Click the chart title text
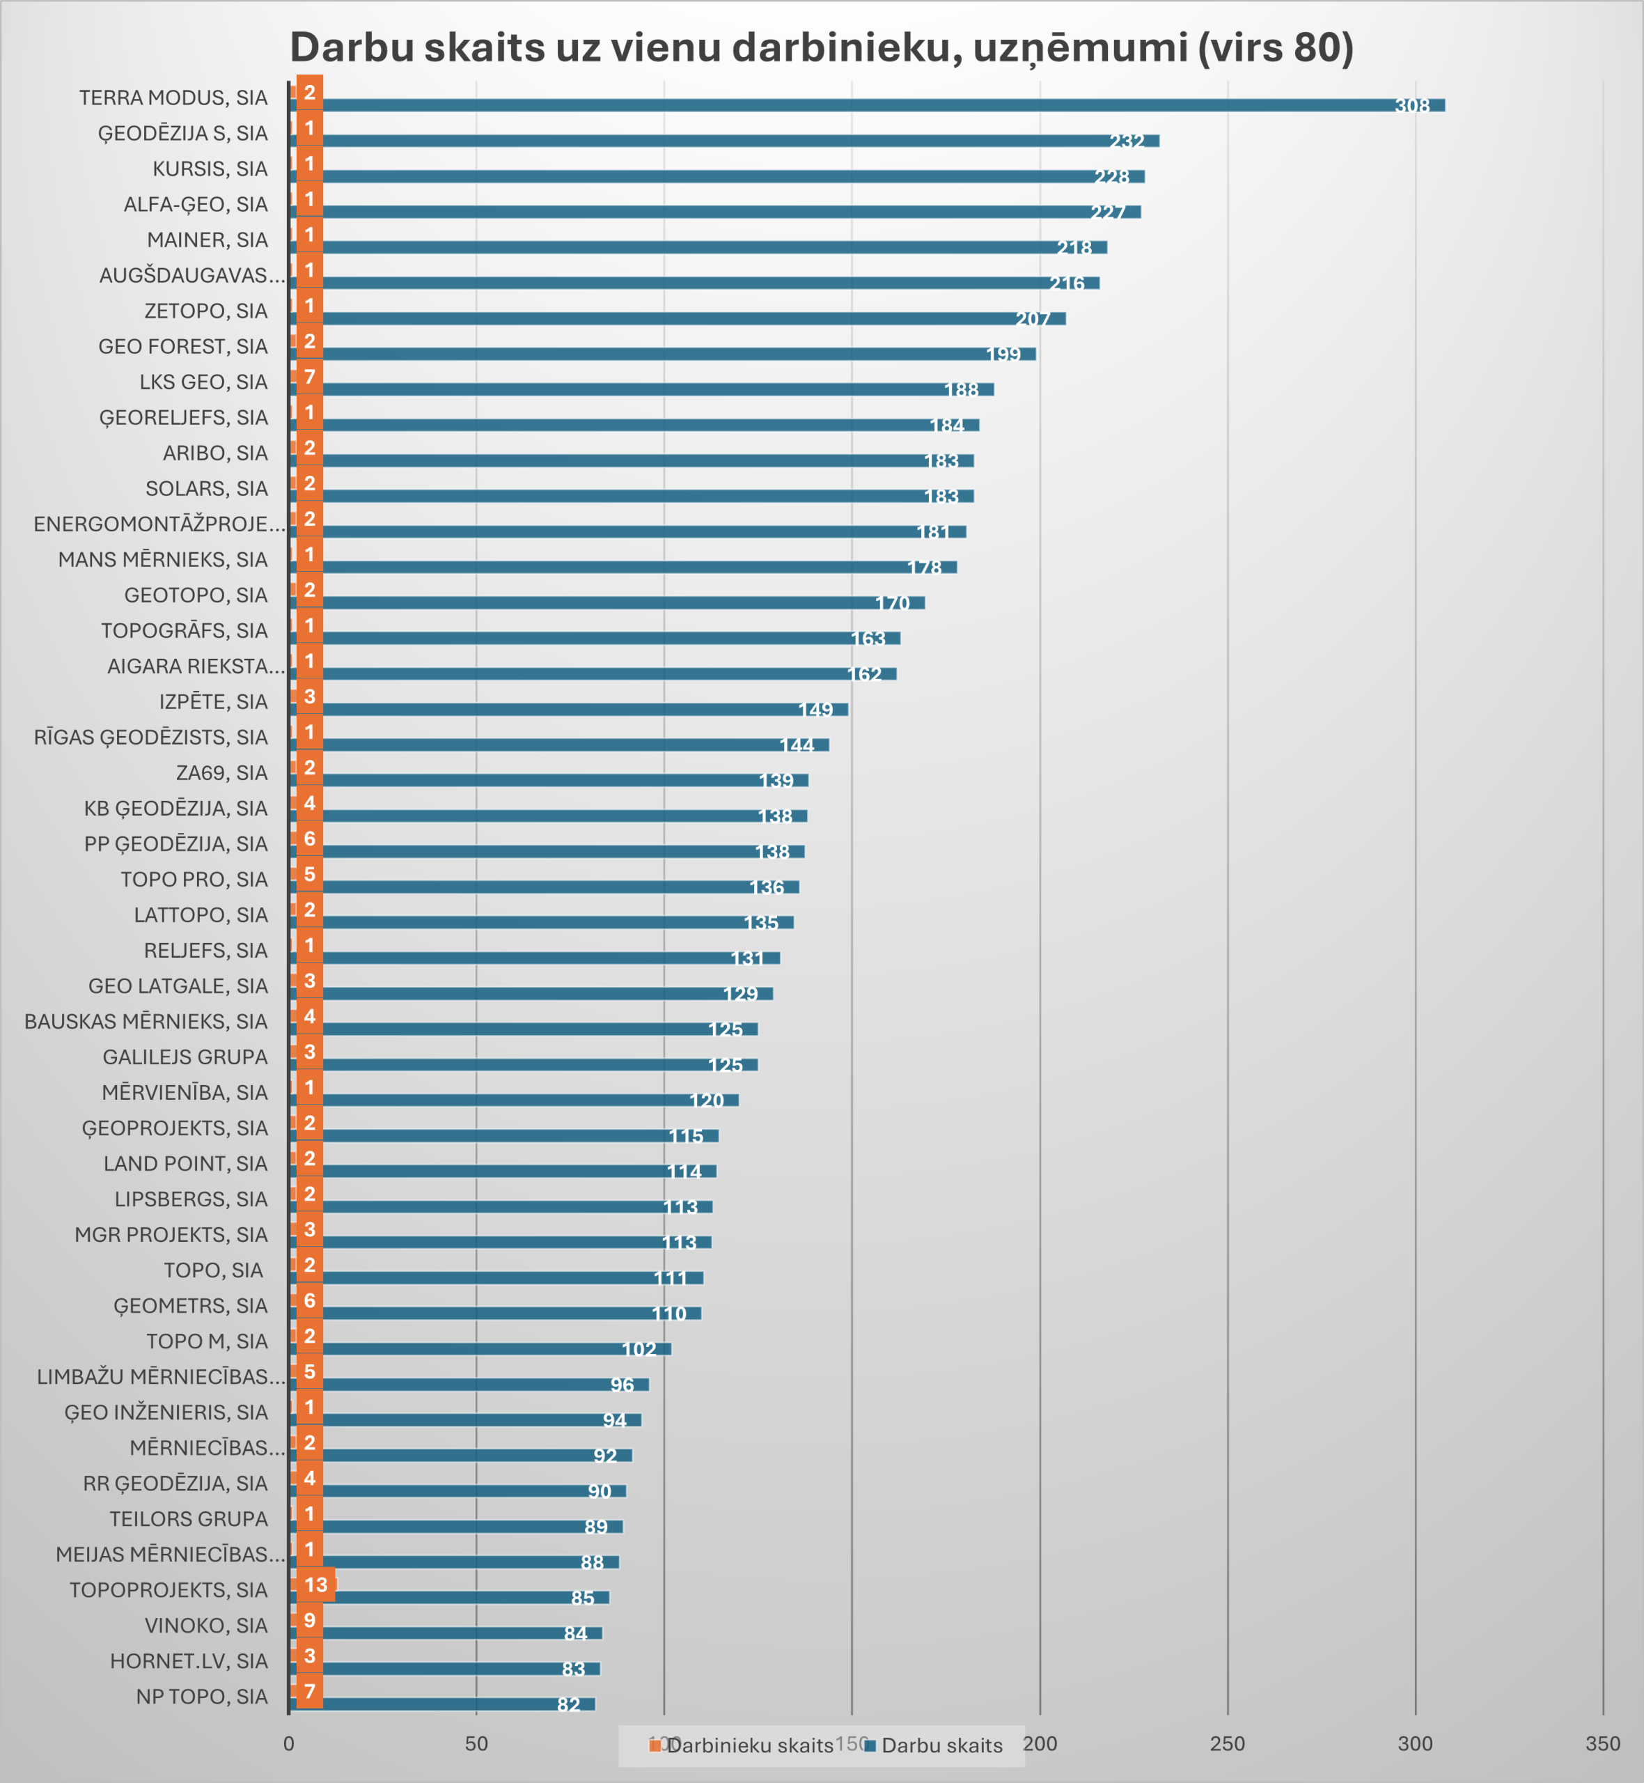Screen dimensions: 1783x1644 (x=821, y=47)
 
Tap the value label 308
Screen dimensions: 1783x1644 (x=1412, y=106)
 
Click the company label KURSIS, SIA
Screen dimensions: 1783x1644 (x=210, y=169)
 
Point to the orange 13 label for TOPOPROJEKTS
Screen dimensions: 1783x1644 (x=316, y=1585)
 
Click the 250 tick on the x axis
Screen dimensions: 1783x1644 (x=1227, y=1744)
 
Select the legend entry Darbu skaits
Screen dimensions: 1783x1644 (x=941, y=1745)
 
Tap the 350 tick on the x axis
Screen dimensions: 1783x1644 (x=1602, y=1744)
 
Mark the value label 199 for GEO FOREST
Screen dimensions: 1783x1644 (x=1003, y=354)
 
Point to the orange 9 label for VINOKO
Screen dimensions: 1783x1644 (x=310, y=1620)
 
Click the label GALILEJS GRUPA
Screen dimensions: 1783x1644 (x=185, y=1057)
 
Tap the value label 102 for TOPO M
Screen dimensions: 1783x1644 (x=639, y=1349)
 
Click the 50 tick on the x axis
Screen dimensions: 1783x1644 (x=476, y=1744)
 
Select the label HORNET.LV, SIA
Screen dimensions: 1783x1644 (x=189, y=1661)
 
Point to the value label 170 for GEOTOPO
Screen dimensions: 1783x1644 (x=892, y=603)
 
